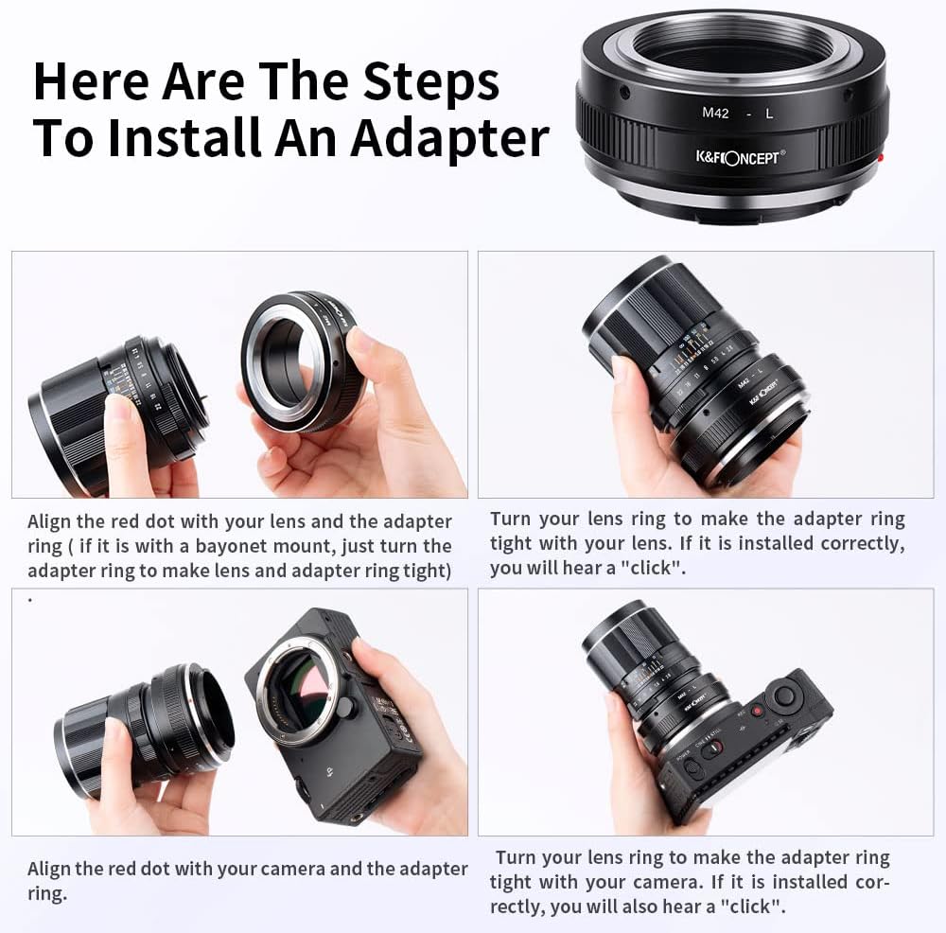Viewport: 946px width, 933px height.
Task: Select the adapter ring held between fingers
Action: point(301,362)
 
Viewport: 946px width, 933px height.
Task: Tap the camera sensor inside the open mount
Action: point(304,683)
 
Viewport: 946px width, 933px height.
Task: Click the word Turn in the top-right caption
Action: point(511,519)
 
